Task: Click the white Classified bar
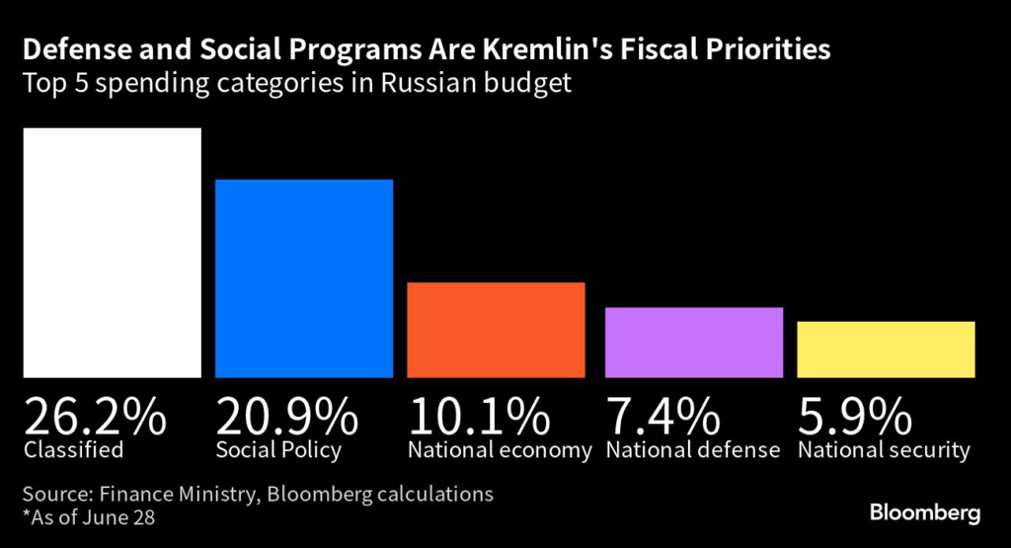(112, 252)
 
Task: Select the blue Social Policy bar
(304, 277)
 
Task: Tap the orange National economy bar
(497, 329)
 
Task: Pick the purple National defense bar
(694, 342)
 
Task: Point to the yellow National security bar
(886, 349)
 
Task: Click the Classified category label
(74, 451)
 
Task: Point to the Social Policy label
(277, 451)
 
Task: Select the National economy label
(500, 451)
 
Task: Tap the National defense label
(693, 451)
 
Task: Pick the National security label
(885, 451)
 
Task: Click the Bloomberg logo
(924, 513)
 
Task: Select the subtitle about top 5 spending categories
(295, 83)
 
